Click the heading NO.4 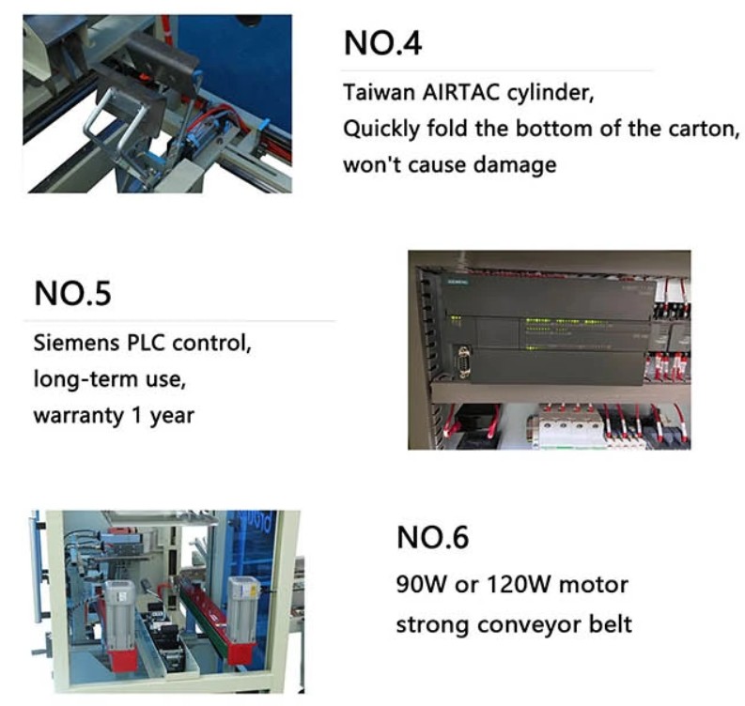382,43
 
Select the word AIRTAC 461,92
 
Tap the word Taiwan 380,92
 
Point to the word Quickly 381,129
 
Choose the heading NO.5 72,293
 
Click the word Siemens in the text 75,343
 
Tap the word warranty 79,417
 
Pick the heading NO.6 432,537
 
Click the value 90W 420,585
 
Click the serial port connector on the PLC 463,361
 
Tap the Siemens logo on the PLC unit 457,282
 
